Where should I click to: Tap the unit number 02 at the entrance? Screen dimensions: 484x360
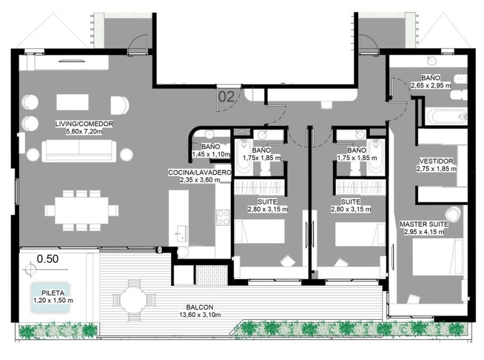click(227, 97)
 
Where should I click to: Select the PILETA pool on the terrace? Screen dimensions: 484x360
click(50, 297)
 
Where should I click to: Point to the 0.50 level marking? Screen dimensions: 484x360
click(48, 259)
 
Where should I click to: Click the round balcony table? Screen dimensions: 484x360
click(133, 299)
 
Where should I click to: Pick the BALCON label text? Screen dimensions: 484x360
click(200, 307)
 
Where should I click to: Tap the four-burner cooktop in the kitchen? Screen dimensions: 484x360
click(222, 217)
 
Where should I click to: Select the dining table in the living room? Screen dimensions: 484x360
click(82, 211)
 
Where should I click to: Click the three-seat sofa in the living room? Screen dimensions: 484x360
click(79, 150)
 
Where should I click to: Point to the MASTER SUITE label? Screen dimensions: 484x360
click(424, 225)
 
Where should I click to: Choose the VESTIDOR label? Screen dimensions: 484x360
click(436, 161)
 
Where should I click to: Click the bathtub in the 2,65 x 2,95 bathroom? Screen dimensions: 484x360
click(446, 117)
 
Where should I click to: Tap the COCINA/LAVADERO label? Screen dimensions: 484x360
click(200, 172)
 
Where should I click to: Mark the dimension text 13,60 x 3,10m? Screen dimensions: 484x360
click(200, 315)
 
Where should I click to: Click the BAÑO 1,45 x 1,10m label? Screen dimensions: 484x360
click(211, 150)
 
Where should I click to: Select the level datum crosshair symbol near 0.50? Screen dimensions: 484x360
click(30, 268)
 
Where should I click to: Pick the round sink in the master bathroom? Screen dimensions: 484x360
click(431, 61)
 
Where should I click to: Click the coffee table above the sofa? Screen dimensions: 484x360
click(73, 102)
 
